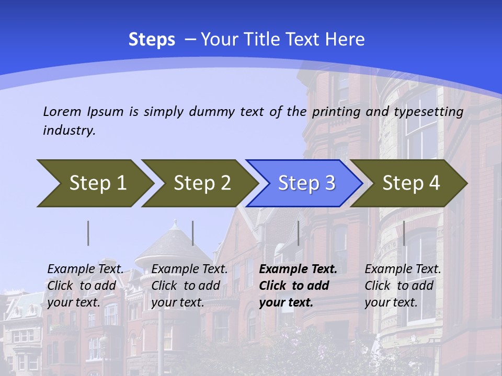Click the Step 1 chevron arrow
(x=97, y=183)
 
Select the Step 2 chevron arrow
(x=201, y=183)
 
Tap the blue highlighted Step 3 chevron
(x=306, y=183)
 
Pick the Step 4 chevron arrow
(x=410, y=183)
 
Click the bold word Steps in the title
(x=152, y=40)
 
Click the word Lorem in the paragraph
(x=62, y=111)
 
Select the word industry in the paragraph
(x=69, y=130)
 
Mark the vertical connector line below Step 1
(x=88, y=233)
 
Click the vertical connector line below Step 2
(x=193, y=233)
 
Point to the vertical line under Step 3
(x=298, y=233)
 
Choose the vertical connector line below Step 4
(x=404, y=233)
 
